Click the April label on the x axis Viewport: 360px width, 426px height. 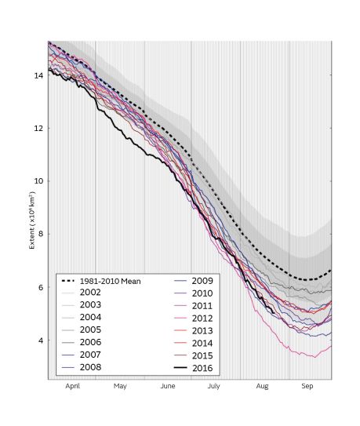pos(72,387)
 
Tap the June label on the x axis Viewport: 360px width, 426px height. pos(167,387)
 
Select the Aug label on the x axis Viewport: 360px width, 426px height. pos(262,387)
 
